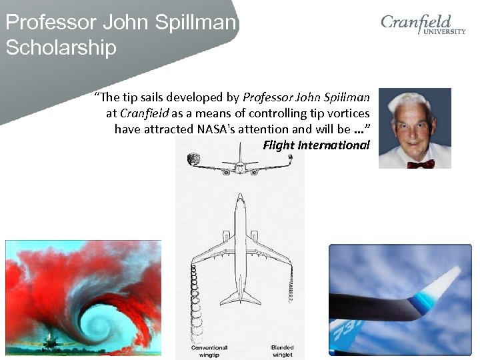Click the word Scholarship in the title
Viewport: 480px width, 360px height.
61,48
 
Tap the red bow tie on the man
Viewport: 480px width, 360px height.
421,163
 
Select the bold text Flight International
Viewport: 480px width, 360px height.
316,145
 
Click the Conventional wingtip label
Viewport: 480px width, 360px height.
209,351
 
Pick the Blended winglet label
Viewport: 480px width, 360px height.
282,351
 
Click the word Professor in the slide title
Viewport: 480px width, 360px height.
51,23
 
